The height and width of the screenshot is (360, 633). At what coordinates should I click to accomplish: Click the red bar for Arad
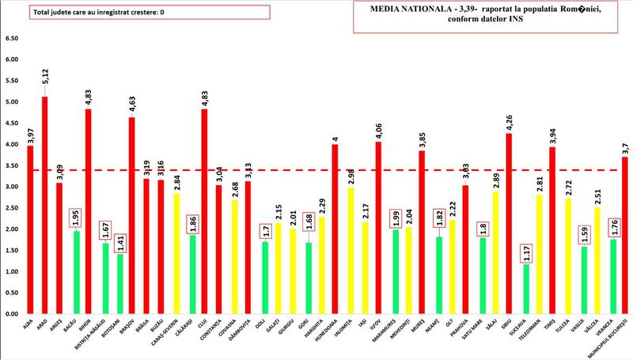point(44,206)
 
